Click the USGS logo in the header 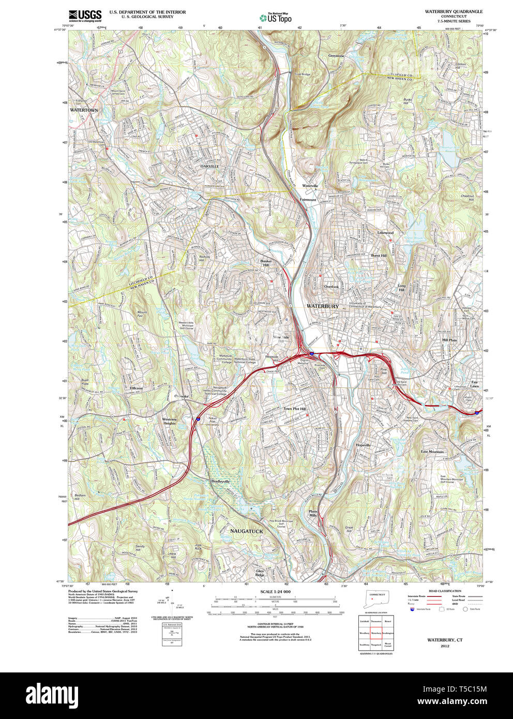click(85, 15)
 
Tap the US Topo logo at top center click(276, 18)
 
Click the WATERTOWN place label click(84, 110)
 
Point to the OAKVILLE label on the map click(210, 166)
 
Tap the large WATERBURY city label click(323, 306)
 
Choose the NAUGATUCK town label click(247, 531)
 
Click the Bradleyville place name click(220, 481)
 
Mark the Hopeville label click(364, 445)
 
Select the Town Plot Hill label click(294, 409)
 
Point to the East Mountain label click(432, 452)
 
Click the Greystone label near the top click(336, 56)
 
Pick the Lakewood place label click(385, 233)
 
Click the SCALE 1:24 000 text click(275, 592)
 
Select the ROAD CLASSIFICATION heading click(445, 591)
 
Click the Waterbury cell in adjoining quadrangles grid click(376, 632)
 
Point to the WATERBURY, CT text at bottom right click(445, 640)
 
